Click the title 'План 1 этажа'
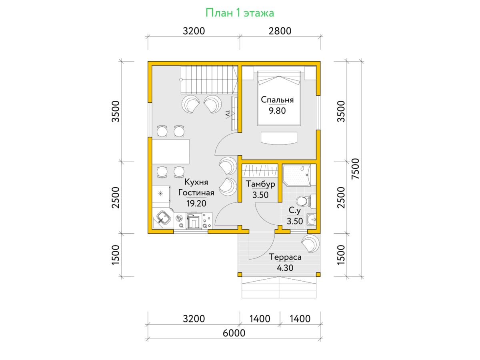[x=240, y=13]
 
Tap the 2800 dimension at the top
[x=280, y=31]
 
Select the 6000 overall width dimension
[x=234, y=333]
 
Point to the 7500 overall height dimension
[x=355, y=169]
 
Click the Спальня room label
[x=277, y=100]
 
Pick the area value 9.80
[x=277, y=111]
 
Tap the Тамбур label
[x=260, y=184]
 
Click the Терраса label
[x=285, y=257]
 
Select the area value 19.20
[x=196, y=204]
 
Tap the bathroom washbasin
[x=311, y=219]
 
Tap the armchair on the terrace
[x=310, y=244]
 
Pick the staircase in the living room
[x=209, y=80]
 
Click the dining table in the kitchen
[x=170, y=152]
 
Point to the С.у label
[x=294, y=210]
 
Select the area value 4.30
[x=285, y=268]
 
